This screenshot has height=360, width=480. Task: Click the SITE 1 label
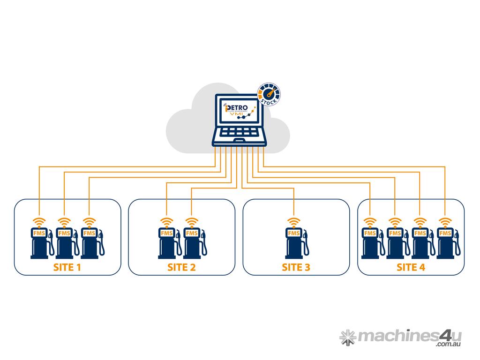68,268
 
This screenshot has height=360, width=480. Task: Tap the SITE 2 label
181,268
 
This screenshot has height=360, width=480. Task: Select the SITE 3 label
296,268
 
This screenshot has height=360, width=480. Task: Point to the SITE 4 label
411,268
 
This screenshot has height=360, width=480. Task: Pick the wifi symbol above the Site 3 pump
294,221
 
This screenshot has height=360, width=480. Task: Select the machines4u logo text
404,335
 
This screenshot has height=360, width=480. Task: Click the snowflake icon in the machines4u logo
347,337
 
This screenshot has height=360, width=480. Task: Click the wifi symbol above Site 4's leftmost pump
370,221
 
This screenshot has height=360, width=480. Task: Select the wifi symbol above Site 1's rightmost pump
89,221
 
